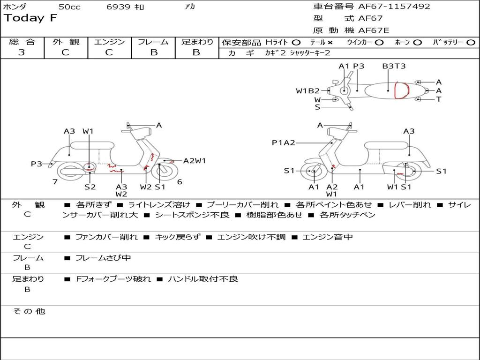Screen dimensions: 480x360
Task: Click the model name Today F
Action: pyautogui.click(x=30, y=19)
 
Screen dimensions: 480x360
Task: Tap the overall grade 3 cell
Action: pyautogui.click(x=22, y=52)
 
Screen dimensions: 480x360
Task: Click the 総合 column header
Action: pyautogui.click(x=22, y=42)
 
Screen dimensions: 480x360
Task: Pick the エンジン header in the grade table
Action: pyautogui.click(x=109, y=42)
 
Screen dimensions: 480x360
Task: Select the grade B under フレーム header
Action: pyautogui.click(x=153, y=52)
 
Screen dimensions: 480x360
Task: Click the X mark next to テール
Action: pyautogui.click(x=330, y=42)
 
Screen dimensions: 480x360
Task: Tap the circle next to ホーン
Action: pyautogui.click(x=417, y=42)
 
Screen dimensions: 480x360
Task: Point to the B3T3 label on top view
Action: pyautogui.click(x=394, y=66)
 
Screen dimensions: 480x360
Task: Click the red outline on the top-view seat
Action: pyautogui.click(x=401, y=90)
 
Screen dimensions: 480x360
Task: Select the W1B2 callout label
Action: pyautogui.click(x=307, y=91)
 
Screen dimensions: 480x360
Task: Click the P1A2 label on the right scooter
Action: pyautogui.click(x=283, y=142)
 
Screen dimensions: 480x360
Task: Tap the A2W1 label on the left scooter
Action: pyautogui.click(x=195, y=161)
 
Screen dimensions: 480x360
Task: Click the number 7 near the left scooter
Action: pyautogui.click(x=55, y=182)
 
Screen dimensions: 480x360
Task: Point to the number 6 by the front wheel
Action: pyautogui.click(x=180, y=182)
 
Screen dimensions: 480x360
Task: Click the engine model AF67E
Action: pyautogui.click(x=374, y=30)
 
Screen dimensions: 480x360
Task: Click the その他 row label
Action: pyautogui.click(x=29, y=311)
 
